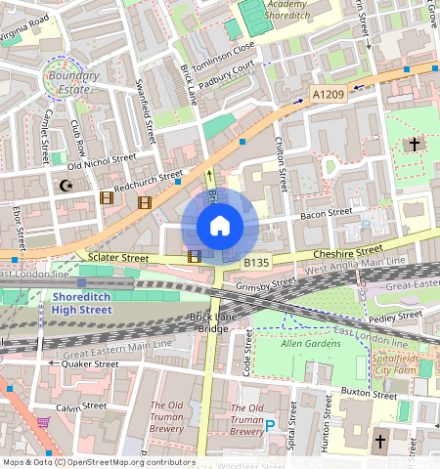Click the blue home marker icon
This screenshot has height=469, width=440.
(x=220, y=226)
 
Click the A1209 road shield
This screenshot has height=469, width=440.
(x=328, y=94)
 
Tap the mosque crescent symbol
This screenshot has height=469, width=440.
(x=66, y=185)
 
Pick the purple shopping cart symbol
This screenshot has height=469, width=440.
(x=44, y=422)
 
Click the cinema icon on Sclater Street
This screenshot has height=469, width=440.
(x=195, y=257)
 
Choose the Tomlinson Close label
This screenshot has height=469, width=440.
(x=224, y=58)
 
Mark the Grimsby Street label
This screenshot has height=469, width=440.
(x=266, y=285)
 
